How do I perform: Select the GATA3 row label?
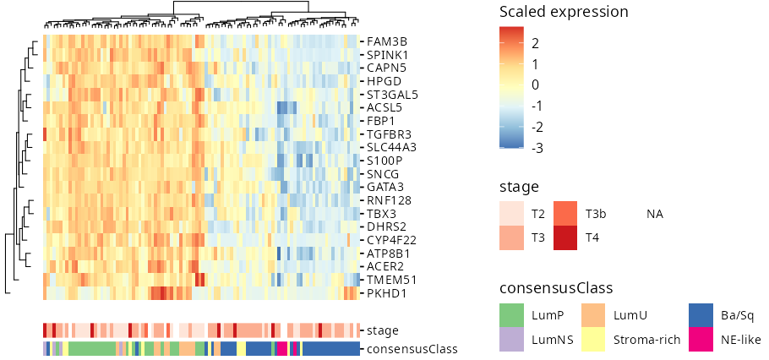coord(386,187)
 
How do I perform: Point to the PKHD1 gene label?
coord(387,294)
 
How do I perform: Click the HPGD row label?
coord(384,81)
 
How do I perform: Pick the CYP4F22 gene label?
coord(391,240)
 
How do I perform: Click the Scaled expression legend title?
coord(564,12)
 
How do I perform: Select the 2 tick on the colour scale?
coord(535,44)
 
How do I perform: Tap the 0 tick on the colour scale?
coord(535,85)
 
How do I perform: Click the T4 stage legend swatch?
coord(565,237)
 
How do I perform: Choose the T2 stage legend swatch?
coord(511,214)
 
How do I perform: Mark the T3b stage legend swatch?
coord(565,214)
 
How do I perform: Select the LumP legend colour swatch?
coord(511,315)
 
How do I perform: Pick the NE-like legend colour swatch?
coord(701,340)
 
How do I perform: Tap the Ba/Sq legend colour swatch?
coord(701,315)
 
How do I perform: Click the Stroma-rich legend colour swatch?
coord(593,340)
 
